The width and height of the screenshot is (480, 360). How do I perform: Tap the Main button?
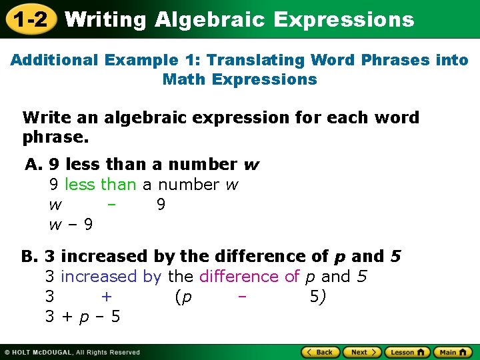(453, 352)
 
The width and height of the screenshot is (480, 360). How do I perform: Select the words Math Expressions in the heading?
(239, 79)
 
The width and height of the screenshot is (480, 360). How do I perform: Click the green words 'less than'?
(100, 185)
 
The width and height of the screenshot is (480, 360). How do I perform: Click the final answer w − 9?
(71, 225)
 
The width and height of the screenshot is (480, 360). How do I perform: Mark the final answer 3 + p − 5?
(83, 317)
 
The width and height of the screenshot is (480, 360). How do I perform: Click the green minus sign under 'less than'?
(111, 205)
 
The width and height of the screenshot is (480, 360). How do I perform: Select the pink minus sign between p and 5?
(242, 297)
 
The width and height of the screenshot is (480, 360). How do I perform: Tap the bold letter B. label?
(31, 257)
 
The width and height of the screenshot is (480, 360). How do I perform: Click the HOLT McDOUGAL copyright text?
(72, 353)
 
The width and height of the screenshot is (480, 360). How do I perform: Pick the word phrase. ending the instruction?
(55, 138)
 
